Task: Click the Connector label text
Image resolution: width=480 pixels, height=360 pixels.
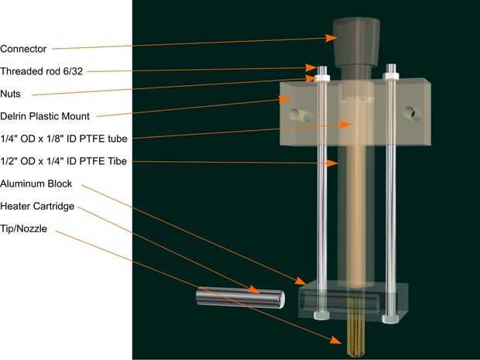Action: point(24,48)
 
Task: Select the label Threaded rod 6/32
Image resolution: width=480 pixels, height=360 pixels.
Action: point(41,70)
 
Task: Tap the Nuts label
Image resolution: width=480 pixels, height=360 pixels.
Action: point(12,93)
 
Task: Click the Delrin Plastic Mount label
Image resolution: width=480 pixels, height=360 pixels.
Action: point(45,116)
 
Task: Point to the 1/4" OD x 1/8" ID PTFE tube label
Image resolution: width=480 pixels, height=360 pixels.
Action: point(63,139)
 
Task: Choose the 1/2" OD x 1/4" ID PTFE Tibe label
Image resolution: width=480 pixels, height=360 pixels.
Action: point(64,161)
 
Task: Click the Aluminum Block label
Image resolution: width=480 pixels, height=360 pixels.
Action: point(36,183)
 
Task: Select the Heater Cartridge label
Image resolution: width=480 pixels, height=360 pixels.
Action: point(38,206)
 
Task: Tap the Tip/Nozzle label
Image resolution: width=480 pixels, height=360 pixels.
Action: point(24,228)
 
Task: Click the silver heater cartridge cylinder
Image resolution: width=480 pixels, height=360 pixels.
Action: point(239,297)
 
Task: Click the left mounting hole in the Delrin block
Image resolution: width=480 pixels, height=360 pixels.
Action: point(298,115)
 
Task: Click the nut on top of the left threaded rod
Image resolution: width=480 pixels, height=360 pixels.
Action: point(320,76)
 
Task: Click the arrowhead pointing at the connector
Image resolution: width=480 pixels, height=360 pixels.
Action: point(330,36)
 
